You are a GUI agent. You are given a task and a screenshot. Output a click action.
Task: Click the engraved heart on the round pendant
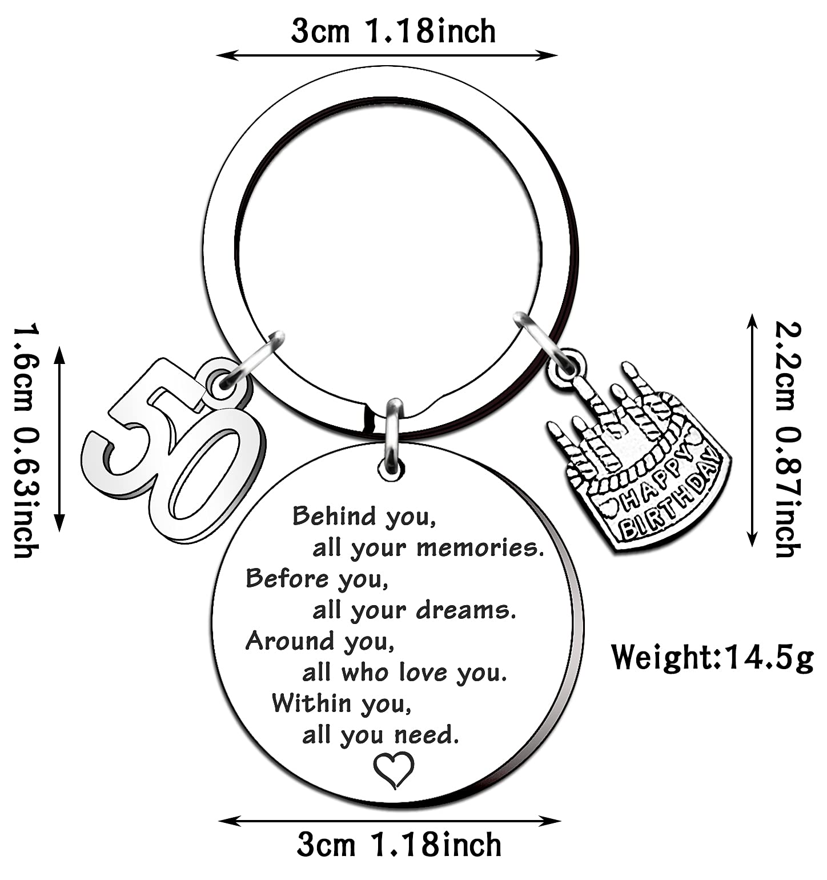coord(394,769)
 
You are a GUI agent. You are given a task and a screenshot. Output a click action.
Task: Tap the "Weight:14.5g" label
coord(712,658)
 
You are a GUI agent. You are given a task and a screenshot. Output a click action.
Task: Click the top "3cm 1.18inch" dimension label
coord(393,31)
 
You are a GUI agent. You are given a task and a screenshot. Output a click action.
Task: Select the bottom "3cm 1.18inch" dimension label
coord(399,845)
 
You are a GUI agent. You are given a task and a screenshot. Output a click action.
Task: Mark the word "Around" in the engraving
coord(289,642)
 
